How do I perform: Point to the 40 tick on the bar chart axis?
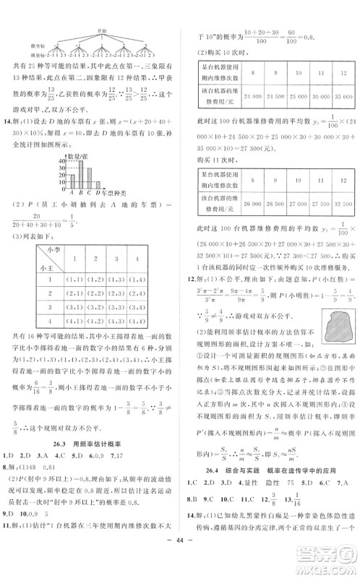(64, 161)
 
